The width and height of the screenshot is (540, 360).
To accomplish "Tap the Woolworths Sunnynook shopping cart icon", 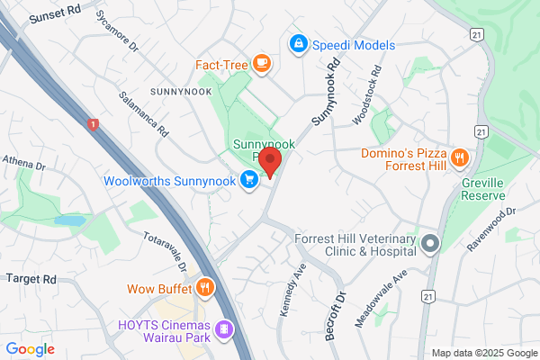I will [250, 181].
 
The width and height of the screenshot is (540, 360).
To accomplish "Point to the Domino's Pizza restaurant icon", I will [460, 157].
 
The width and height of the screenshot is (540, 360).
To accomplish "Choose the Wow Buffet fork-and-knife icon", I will [205, 288].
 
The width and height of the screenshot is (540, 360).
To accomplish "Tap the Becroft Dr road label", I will [334, 310].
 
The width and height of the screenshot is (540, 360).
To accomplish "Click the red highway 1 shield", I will [93, 124].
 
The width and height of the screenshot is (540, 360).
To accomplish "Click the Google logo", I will [31, 349].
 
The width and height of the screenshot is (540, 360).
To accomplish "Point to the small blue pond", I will [68, 220].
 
